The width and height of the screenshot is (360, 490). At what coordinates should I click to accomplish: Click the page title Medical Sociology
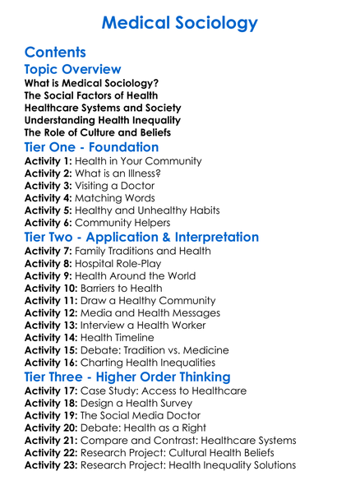[x=180, y=22]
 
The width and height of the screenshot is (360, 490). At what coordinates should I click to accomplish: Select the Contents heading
[x=55, y=53]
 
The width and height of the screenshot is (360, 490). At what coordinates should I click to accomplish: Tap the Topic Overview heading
[x=73, y=70]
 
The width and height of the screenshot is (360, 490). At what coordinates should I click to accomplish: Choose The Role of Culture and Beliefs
[x=98, y=132]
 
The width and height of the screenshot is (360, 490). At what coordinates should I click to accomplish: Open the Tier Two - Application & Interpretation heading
[x=153, y=238]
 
